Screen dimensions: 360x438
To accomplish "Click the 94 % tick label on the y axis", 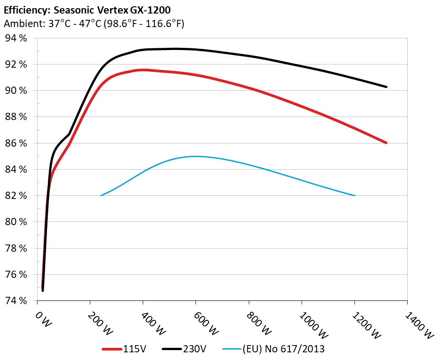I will [x=16, y=38].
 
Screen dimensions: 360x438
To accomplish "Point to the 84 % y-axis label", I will [x=16, y=170].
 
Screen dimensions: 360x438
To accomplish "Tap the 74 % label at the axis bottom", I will [x=16, y=300].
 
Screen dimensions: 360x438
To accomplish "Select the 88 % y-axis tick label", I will [x=16, y=117].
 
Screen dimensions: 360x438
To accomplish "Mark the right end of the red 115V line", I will [x=387, y=143].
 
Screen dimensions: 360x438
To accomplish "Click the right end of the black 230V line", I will [x=387, y=87].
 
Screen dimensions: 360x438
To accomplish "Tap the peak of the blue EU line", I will [x=196, y=156].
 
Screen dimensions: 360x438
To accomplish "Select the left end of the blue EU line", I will [x=101, y=195].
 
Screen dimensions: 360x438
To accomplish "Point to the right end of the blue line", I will [x=355, y=195].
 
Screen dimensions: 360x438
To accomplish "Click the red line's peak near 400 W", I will [x=144, y=70].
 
